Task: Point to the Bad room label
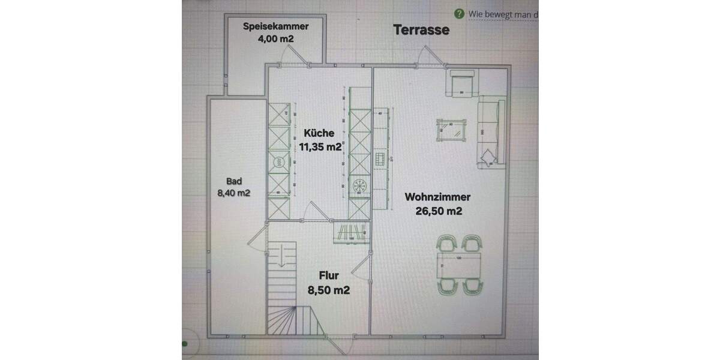[x=234, y=181]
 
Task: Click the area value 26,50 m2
[x=437, y=210]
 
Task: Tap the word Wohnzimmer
[x=437, y=197]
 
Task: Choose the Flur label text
[x=329, y=276]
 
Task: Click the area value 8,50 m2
[x=329, y=290]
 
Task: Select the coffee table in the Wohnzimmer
[x=451, y=128]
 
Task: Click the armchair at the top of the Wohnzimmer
[x=463, y=82]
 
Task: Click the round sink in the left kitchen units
[x=278, y=161]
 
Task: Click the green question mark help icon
[x=459, y=13]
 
